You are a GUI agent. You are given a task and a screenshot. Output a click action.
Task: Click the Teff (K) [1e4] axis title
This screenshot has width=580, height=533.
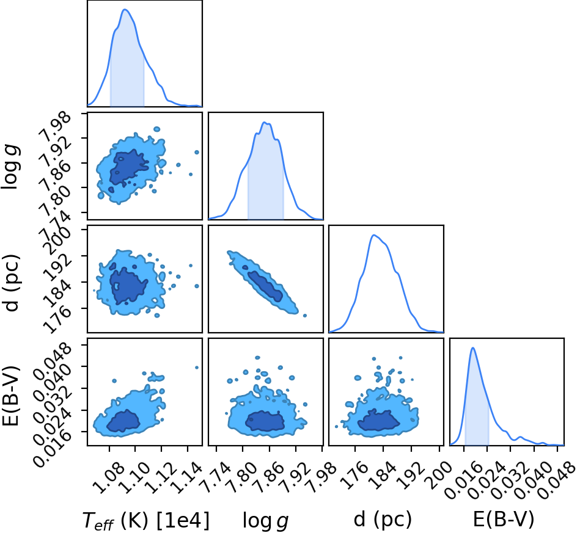pos(145,520)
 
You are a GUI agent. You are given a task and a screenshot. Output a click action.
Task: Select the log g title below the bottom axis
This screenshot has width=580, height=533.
pos(265,520)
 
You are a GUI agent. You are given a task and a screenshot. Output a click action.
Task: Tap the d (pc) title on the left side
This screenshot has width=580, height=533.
pos(12,283)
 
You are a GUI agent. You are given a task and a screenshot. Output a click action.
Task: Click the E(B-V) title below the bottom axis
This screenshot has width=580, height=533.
pos(504,520)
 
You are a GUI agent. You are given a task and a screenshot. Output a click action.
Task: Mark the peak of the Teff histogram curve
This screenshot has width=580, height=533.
pos(125,9)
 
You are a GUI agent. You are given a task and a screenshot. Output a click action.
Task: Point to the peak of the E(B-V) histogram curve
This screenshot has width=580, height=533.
pos(472,347)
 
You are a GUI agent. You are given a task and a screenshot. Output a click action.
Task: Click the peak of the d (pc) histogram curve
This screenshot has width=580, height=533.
pos(374,234)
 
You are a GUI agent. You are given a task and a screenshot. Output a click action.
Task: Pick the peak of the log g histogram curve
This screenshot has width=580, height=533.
pos(264,122)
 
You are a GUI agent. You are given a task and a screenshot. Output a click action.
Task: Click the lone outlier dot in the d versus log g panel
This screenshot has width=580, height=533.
pos(305,315)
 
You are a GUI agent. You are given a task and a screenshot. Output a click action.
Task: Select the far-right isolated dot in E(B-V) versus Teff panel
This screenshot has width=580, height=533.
pos(196,368)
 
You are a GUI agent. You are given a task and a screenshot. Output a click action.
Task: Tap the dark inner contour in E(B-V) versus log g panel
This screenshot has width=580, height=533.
pos(265,421)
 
